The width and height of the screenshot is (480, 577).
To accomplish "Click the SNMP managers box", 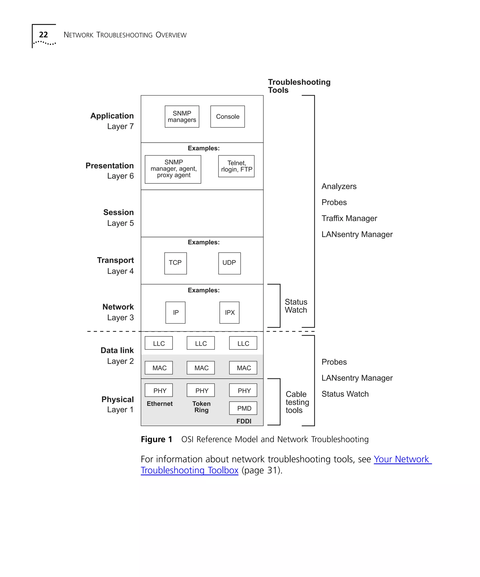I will (x=182, y=116).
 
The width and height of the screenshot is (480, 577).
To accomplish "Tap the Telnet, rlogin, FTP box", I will (x=236, y=166).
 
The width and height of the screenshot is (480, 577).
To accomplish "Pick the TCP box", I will (x=175, y=263).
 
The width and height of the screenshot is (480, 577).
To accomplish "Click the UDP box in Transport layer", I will (x=229, y=263).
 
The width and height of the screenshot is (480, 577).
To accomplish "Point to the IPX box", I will (x=229, y=312).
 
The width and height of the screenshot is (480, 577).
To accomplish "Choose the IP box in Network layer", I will (x=175, y=312).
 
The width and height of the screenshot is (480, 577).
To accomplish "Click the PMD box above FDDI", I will (x=243, y=408).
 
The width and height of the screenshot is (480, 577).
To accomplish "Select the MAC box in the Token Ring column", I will (x=201, y=368).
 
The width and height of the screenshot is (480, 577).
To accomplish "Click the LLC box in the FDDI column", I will (x=243, y=343).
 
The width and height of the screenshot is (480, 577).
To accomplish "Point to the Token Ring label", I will (x=201, y=407).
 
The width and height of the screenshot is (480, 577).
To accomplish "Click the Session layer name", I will (x=118, y=212).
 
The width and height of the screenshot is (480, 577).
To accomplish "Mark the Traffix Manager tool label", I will (x=349, y=218).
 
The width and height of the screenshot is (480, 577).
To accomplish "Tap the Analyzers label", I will (x=339, y=186).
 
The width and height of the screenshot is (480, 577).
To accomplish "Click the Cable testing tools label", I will (x=297, y=402).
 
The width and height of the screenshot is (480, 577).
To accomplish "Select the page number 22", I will (x=43, y=35).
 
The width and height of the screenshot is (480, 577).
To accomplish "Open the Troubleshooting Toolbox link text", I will (x=189, y=470).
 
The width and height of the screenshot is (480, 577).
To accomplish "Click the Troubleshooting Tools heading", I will (x=299, y=86).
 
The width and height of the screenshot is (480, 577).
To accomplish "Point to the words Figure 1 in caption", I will (x=156, y=439).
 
